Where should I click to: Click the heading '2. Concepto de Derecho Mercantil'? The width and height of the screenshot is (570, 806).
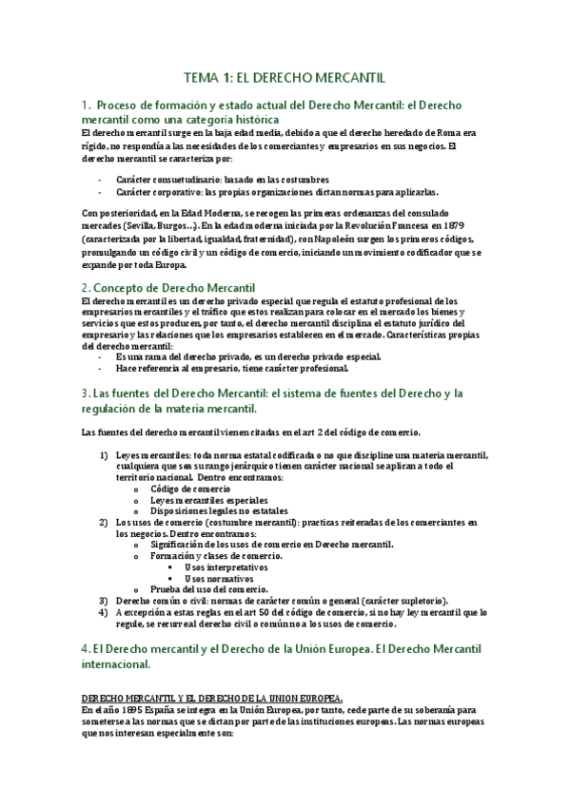tap(169, 286)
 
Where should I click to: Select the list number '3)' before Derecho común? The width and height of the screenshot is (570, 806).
tap(105, 601)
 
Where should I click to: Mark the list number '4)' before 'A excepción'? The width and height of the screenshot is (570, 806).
tap(105, 613)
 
